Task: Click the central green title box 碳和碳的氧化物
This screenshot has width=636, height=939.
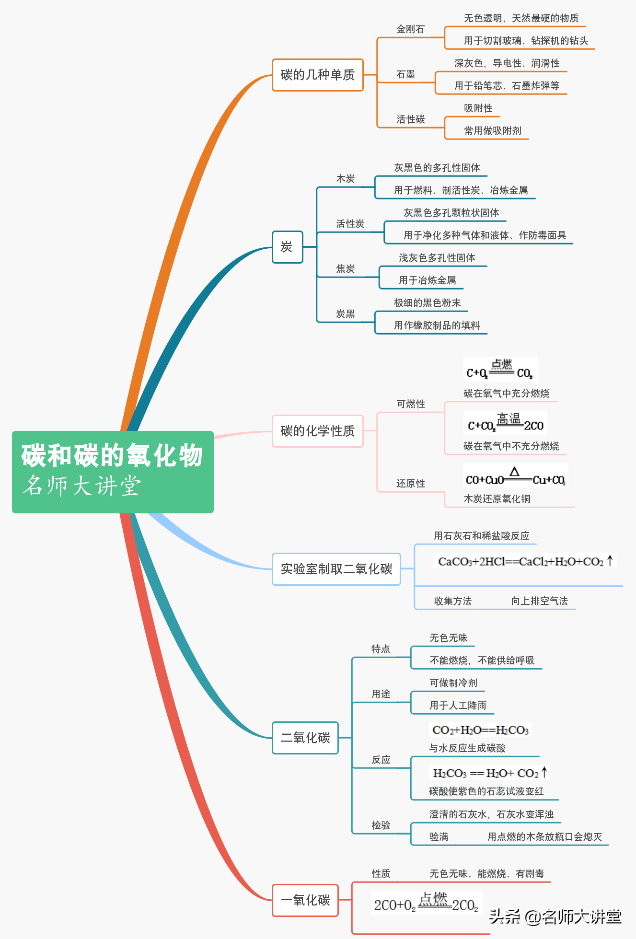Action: click(113, 472)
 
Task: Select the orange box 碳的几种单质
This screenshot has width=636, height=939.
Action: click(317, 75)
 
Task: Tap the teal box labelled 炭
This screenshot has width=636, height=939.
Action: click(287, 247)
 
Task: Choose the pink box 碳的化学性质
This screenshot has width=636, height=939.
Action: click(317, 431)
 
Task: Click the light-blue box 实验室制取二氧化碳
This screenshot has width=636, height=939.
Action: click(336, 569)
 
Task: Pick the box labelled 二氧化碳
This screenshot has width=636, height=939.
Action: click(305, 738)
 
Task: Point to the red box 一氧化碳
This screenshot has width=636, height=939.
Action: click(305, 900)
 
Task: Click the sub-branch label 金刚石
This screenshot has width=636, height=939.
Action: click(410, 29)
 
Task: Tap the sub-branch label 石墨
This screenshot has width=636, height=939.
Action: click(405, 74)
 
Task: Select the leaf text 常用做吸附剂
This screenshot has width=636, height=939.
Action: click(492, 130)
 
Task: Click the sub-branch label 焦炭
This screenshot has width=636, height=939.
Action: click(345, 269)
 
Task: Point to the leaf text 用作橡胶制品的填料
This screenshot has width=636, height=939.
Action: click(437, 325)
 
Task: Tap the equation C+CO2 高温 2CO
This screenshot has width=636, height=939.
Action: click(505, 423)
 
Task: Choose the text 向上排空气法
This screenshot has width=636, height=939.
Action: click(539, 601)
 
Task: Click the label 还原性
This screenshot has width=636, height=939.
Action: click(410, 484)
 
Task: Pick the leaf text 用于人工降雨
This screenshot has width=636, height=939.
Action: click(458, 706)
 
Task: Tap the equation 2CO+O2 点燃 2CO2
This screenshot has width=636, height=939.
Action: click(426, 903)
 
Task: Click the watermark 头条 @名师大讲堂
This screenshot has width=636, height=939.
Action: click(555, 916)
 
